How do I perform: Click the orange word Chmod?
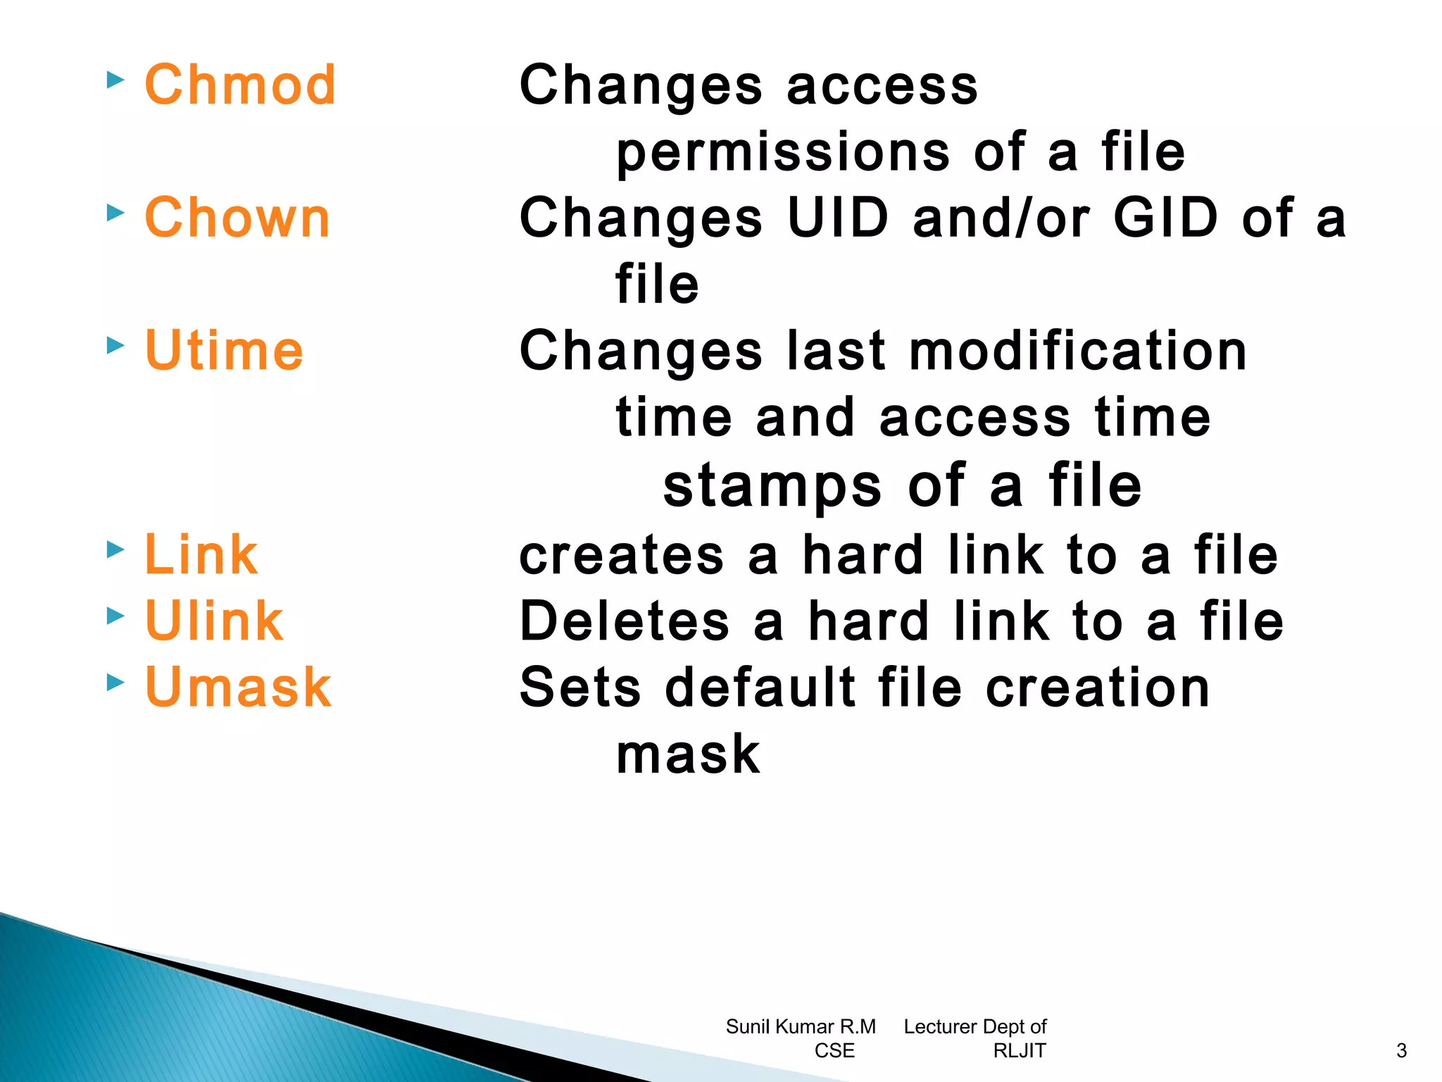click(x=240, y=85)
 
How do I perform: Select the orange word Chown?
click(x=237, y=218)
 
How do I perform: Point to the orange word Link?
click(x=201, y=554)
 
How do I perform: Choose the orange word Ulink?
click(x=214, y=621)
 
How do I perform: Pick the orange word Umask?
click(x=238, y=687)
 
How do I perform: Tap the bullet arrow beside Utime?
click(x=115, y=345)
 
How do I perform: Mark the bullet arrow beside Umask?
click(x=115, y=682)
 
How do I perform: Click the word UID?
click(x=838, y=218)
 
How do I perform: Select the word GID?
click(x=1165, y=218)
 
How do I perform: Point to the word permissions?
click(x=783, y=153)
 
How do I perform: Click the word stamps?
click(x=772, y=486)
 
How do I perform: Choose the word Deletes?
click(x=625, y=621)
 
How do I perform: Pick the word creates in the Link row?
click(x=621, y=555)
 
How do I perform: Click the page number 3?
click(x=1401, y=1051)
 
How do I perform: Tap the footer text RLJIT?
click(x=1019, y=1051)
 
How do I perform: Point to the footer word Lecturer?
click(x=940, y=1027)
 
